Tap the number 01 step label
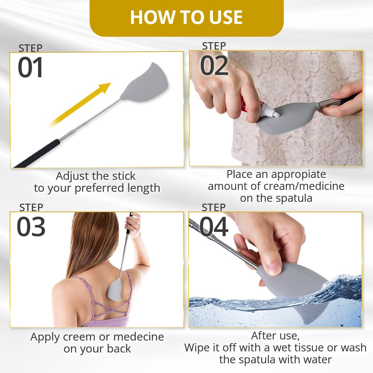pos(31,68)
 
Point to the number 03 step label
pos(31,227)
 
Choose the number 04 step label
pos(214,227)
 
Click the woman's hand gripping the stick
pos(132,223)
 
